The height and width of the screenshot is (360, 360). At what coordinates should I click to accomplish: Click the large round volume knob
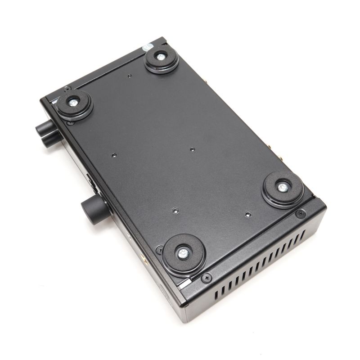(94, 210)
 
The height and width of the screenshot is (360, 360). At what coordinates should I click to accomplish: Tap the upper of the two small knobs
(45, 128)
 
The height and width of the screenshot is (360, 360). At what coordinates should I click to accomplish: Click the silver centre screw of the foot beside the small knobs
(73, 103)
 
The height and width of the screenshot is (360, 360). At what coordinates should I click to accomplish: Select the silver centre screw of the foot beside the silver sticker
(161, 57)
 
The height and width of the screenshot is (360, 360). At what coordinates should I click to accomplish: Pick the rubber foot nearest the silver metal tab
(183, 254)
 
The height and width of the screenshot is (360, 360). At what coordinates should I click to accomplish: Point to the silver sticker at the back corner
(147, 47)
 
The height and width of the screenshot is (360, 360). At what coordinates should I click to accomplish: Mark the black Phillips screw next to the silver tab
(207, 278)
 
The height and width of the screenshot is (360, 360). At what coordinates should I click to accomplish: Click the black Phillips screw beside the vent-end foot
(301, 214)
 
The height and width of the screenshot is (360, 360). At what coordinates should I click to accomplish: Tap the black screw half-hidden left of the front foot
(159, 249)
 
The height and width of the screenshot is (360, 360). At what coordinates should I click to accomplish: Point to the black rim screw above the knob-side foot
(67, 89)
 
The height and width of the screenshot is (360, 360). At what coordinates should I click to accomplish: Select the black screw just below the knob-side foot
(70, 122)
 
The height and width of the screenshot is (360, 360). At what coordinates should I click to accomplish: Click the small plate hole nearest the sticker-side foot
(129, 76)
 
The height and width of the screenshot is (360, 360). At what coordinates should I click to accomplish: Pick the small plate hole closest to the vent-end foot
(248, 214)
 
